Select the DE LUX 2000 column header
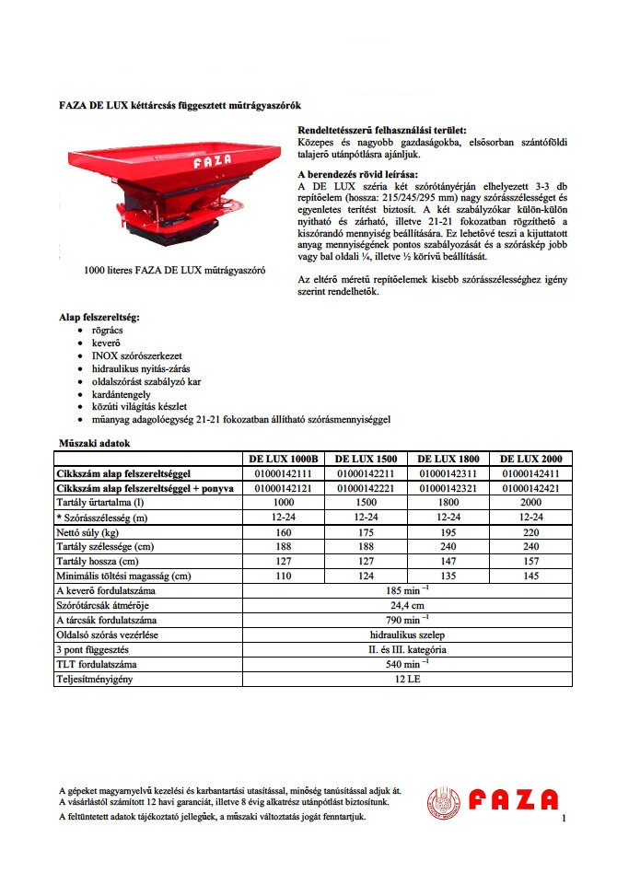pos(530,458)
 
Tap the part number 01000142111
pos(283,472)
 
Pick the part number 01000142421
pos(530,487)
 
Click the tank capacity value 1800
pos(448,503)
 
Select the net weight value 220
pos(530,532)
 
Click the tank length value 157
pos(530,562)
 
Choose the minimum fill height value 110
pos(283,576)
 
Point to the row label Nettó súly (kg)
pos(92,532)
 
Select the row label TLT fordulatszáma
pos(99,665)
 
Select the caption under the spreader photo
pos(175,272)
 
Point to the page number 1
pos(562,818)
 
